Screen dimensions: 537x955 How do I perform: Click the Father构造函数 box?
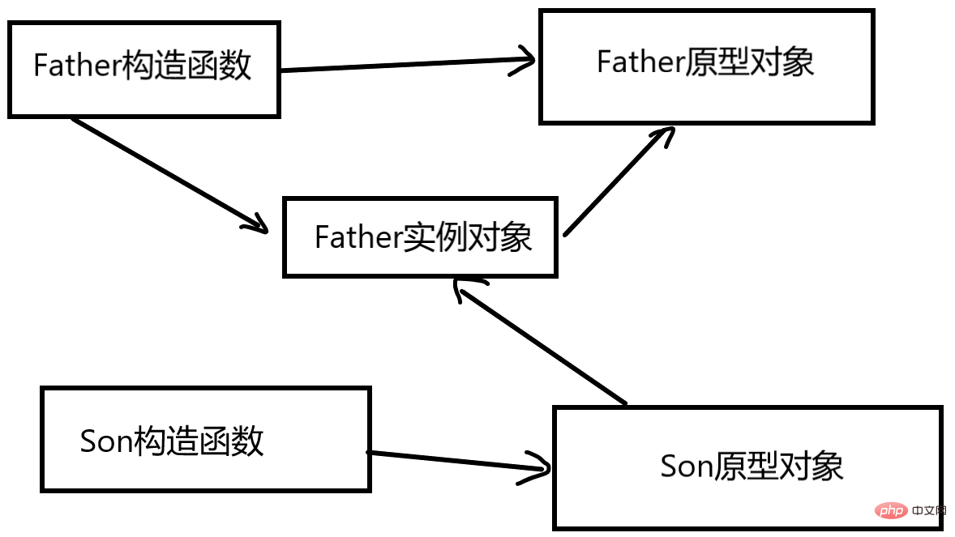point(143,69)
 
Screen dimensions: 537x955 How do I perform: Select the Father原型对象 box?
point(706,66)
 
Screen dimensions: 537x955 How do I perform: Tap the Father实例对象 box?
point(420,237)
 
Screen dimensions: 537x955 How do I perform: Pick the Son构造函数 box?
point(205,440)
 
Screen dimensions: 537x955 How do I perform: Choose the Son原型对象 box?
point(747,468)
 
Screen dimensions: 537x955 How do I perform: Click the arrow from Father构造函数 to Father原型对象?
point(405,65)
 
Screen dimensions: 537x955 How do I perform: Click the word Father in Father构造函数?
point(77,66)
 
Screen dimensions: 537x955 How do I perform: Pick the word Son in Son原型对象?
point(687,467)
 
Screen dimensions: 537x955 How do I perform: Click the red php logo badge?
point(890,512)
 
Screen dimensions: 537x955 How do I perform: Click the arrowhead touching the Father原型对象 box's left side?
point(523,61)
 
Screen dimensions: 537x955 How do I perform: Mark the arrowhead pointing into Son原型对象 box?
point(537,469)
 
